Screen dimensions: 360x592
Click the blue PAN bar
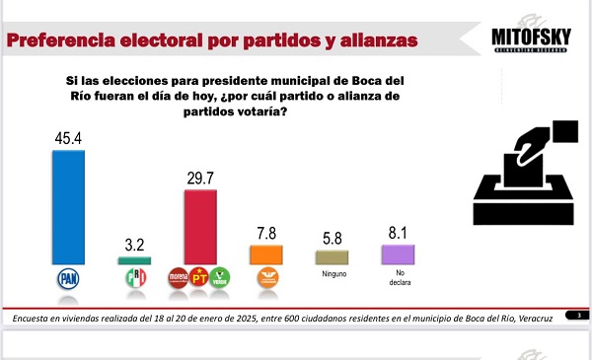(x=68, y=207)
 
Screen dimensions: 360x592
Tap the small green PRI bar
(x=134, y=260)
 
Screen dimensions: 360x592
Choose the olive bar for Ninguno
(x=332, y=256)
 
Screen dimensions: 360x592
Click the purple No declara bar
(x=398, y=254)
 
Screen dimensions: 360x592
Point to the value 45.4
(x=68, y=139)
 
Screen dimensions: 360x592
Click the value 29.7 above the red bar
(x=200, y=179)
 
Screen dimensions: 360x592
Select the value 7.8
(x=266, y=233)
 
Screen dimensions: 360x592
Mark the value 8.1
(x=398, y=233)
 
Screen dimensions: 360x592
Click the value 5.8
(x=332, y=238)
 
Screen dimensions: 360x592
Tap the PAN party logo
(x=68, y=279)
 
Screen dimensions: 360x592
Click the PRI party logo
(x=134, y=279)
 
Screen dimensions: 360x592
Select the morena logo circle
(x=179, y=278)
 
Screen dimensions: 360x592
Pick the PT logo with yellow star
(x=199, y=278)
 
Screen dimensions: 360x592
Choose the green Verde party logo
(x=220, y=278)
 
